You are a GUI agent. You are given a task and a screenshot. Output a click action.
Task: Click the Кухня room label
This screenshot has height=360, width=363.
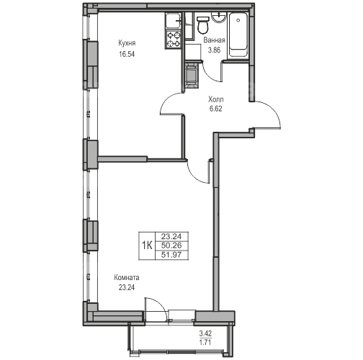coord(127,43)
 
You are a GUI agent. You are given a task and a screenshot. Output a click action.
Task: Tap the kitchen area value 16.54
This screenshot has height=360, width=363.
coord(127,54)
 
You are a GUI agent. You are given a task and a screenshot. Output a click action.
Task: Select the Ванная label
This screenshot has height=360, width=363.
coord(214,40)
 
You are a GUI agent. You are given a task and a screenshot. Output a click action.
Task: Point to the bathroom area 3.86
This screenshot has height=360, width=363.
coord(214,50)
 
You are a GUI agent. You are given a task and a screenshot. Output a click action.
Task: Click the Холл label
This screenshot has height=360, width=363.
coord(216,99)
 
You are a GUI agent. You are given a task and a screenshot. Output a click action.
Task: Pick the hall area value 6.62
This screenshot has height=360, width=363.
coord(216,109)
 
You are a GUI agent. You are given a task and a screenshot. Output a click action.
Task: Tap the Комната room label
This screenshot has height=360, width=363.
coord(127,278)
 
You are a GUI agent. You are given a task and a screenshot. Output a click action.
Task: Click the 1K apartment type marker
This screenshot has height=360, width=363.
coord(147,246)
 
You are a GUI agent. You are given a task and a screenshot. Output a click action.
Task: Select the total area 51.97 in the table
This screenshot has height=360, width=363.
coord(171,255)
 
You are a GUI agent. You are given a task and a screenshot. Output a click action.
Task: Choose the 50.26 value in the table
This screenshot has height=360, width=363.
coord(171,246)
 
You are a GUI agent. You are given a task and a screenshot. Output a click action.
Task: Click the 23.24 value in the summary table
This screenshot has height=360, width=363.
coord(171,237)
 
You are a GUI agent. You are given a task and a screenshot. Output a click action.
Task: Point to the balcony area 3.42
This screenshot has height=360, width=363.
coord(205,333)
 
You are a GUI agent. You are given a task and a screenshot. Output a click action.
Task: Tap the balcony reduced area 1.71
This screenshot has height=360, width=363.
coord(205,342)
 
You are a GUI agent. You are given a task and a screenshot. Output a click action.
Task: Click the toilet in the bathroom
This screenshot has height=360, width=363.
coord(203,24)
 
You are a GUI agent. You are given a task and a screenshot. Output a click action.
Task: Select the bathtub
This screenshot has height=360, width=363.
coord(238,35)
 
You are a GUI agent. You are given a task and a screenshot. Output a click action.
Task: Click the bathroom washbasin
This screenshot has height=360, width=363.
coord(218,17)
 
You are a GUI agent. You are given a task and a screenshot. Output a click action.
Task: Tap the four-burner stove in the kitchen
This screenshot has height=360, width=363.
coord(174,40)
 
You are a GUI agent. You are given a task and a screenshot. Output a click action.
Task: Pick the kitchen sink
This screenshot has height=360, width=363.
coord(174,22)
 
